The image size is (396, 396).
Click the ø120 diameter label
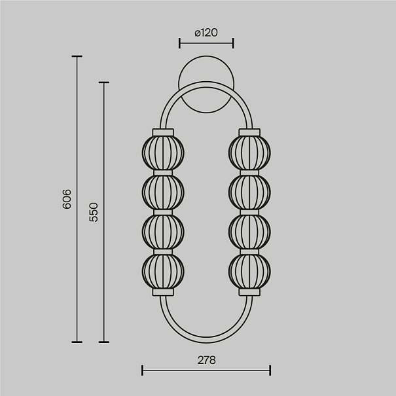tap(206, 33)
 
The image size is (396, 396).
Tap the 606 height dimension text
tap(67, 199)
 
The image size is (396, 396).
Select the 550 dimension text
tap(94, 212)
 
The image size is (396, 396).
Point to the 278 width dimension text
tap(207, 360)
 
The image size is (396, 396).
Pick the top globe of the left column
tap(163, 153)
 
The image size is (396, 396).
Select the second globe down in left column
tap(163, 192)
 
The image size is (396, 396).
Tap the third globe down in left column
tap(163, 232)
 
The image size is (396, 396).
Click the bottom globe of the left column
tap(163, 271)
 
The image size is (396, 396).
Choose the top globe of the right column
tap(249, 153)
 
